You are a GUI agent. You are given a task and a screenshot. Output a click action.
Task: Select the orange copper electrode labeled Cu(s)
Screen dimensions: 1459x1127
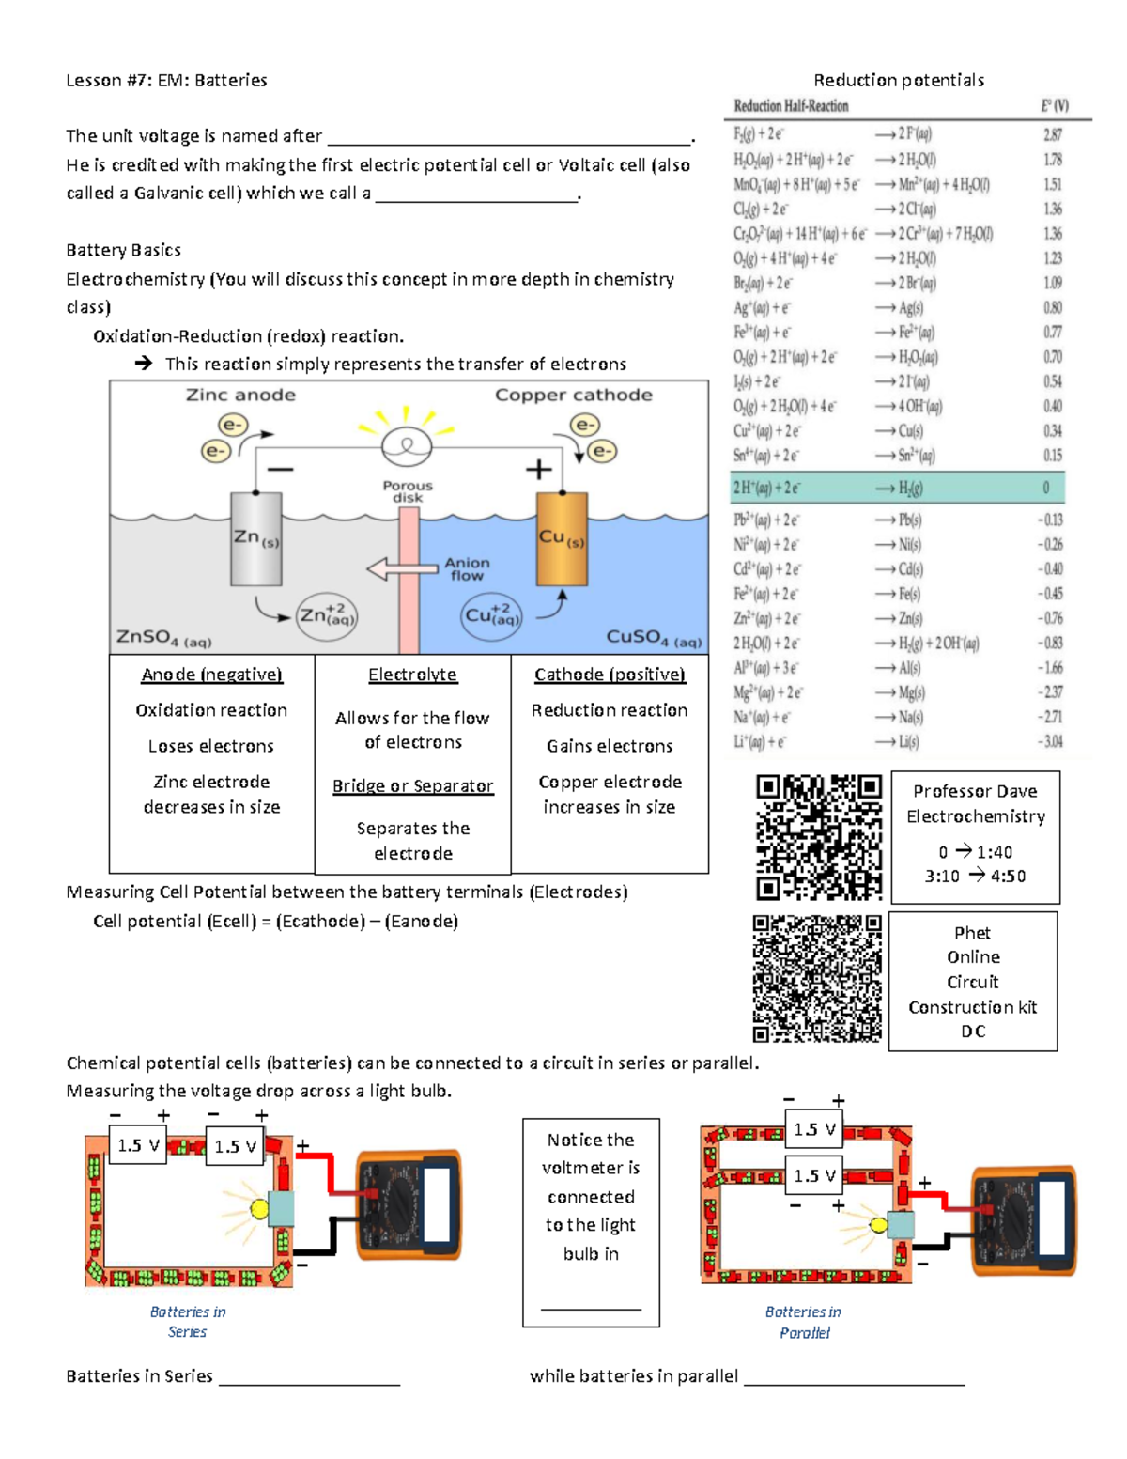tap(562, 539)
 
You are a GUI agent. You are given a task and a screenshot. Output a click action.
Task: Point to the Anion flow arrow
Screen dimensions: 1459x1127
tap(404, 568)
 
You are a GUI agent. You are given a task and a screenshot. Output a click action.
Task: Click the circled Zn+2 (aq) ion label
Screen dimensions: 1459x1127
tap(326, 616)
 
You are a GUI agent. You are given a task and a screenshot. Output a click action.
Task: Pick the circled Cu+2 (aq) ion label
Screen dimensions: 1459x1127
tap(491, 616)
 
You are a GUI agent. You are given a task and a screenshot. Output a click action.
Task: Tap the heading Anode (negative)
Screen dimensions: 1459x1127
tap(211, 675)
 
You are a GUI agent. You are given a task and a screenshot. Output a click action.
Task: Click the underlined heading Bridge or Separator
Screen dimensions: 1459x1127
tap(412, 785)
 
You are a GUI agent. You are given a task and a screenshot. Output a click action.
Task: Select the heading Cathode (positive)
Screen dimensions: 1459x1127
tap(610, 675)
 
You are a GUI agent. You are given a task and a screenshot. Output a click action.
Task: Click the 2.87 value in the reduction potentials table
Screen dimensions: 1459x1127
tap(1053, 134)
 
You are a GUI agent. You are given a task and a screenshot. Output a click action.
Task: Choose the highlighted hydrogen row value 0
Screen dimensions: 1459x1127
tap(1046, 489)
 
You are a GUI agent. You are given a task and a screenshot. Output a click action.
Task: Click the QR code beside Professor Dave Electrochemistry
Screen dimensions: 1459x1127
tap(819, 837)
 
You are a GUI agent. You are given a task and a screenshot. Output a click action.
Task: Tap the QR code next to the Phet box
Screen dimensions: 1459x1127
tap(817, 979)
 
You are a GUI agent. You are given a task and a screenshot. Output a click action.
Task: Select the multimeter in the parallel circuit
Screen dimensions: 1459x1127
tap(1024, 1220)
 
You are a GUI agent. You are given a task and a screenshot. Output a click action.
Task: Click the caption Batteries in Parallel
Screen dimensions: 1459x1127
tap(803, 1322)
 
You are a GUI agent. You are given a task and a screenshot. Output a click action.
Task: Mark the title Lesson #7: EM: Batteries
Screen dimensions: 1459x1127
tap(166, 81)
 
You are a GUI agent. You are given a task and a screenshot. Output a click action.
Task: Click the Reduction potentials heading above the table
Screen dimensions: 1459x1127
tap(898, 81)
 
